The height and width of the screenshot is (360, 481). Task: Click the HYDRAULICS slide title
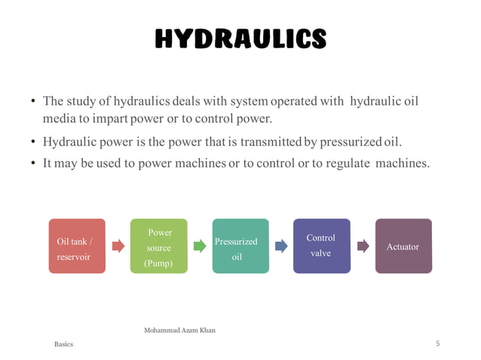click(240, 38)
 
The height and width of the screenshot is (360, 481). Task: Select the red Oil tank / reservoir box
click(77, 246)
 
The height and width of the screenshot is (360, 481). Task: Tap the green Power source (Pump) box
click(159, 246)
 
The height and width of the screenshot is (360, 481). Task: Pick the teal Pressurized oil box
click(240, 246)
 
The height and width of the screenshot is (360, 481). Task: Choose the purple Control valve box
click(321, 246)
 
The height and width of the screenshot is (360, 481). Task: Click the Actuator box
click(403, 246)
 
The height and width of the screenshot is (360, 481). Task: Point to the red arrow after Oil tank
click(118, 246)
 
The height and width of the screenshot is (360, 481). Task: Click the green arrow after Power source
click(200, 246)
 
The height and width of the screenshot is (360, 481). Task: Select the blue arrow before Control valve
click(281, 246)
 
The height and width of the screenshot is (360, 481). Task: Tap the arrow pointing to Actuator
click(363, 246)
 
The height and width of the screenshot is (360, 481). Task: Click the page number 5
click(437, 343)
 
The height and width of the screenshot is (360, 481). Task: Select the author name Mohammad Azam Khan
click(179, 330)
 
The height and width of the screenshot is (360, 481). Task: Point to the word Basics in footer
click(64, 344)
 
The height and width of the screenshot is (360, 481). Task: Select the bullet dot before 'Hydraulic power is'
click(34, 142)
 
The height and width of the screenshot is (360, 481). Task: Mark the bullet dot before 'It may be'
click(34, 161)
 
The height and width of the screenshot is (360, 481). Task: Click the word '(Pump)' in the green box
click(159, 263)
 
